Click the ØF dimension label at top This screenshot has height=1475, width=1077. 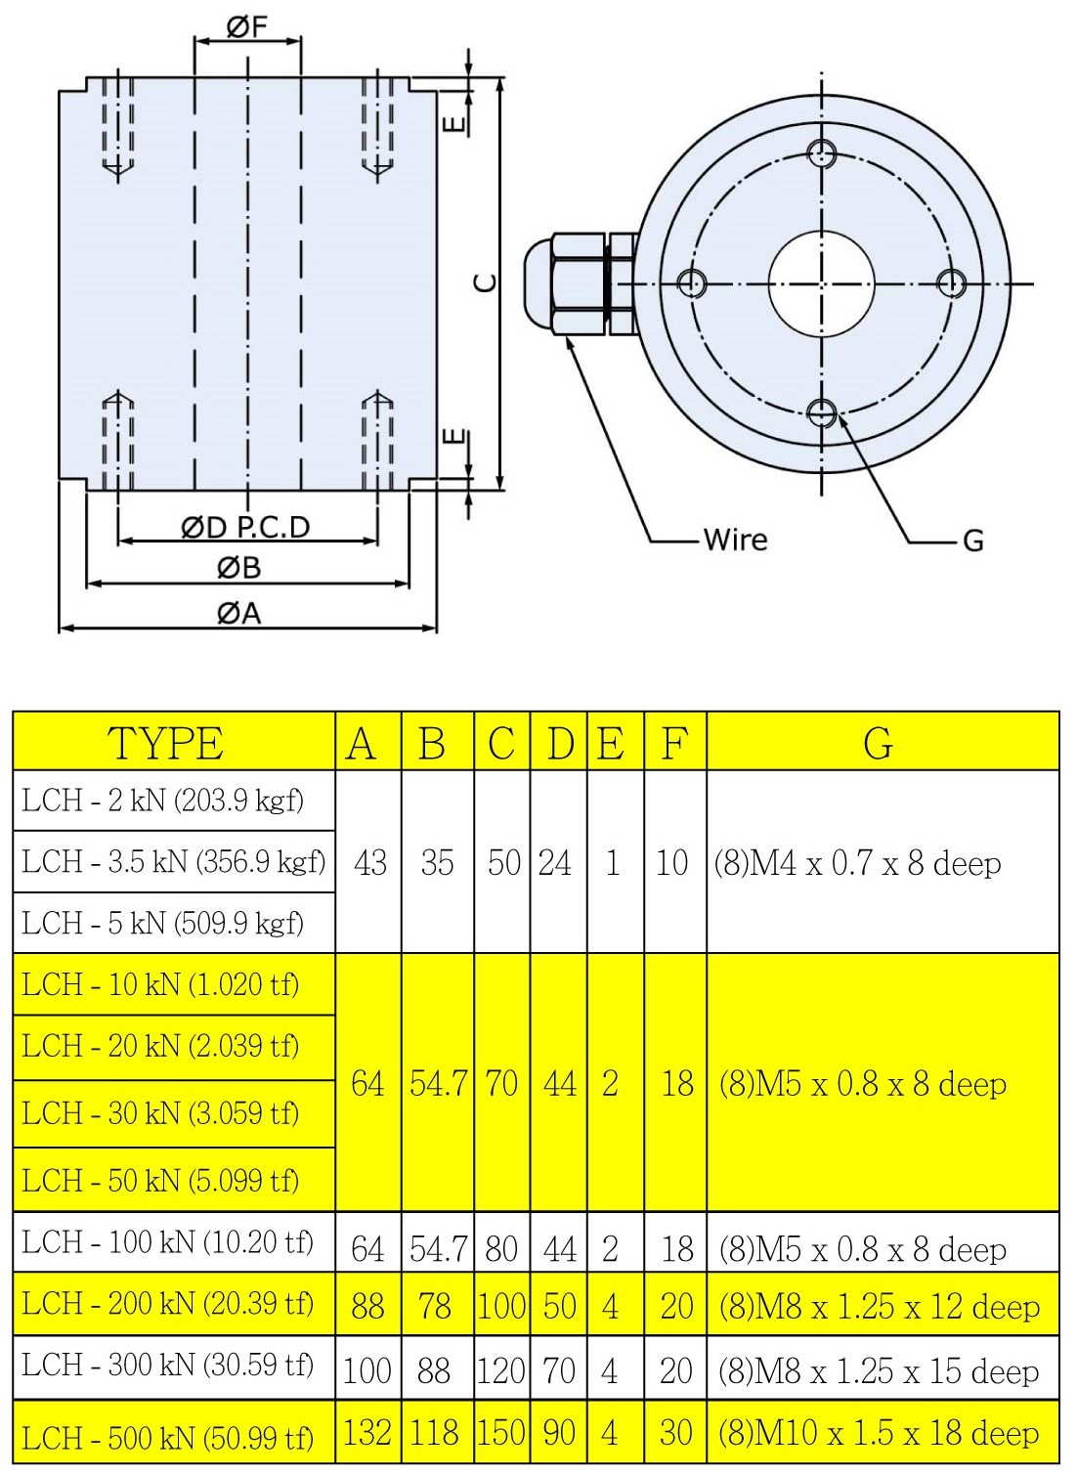(x=247, y=27)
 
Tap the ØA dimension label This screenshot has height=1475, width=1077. (x=239, y=614)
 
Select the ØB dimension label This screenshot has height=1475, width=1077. (x=239, y=568)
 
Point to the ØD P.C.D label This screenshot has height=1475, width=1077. (x=245, y=528)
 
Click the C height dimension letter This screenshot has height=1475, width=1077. (x=486, y=283)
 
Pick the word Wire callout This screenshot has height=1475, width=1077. (x=735, y=540)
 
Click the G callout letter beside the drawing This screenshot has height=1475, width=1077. (x=973, y=541)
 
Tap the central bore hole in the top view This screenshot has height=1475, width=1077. (x=821, y=283)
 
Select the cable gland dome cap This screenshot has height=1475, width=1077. (x=538, y=283)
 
